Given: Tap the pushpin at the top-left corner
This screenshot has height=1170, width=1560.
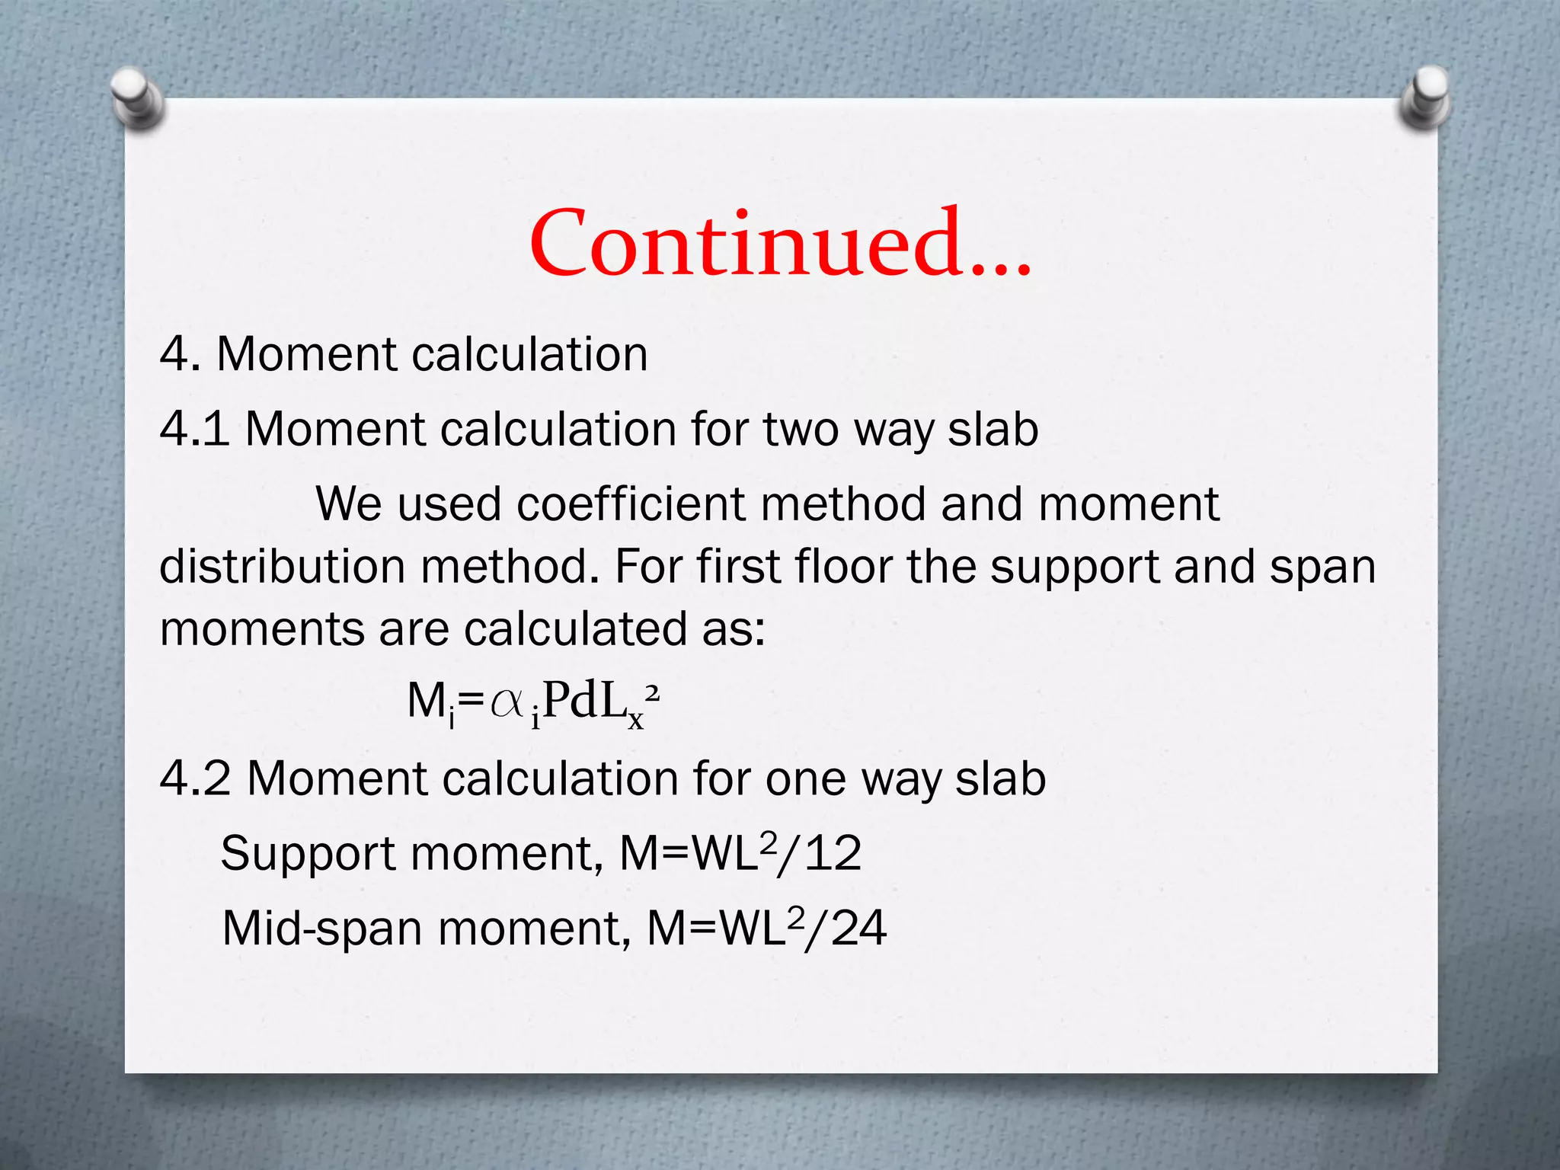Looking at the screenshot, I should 137,97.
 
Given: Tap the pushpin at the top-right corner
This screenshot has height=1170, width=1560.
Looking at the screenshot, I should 1425,97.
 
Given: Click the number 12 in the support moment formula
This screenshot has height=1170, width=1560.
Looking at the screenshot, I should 833,853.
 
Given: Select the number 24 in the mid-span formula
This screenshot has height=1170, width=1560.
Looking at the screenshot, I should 858,929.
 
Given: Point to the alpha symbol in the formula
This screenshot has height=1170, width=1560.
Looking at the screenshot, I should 507,702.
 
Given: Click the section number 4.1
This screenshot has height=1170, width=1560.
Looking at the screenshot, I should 194,429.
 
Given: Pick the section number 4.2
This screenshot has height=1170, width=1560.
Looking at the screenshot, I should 195,778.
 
